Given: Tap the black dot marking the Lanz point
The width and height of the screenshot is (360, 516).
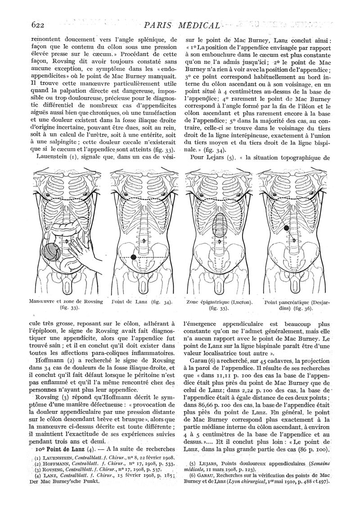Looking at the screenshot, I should tap(133, 257).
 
